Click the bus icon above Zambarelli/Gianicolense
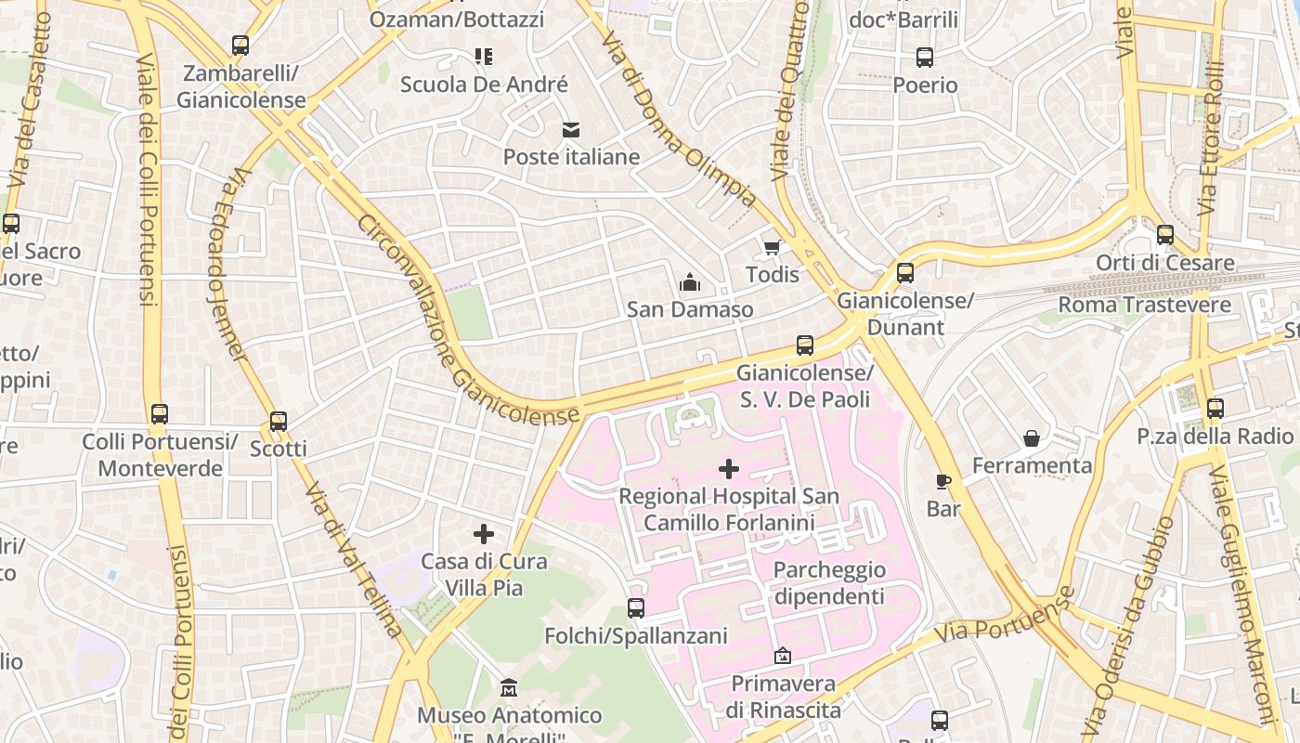click(240, 45)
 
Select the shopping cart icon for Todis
click(772, 247)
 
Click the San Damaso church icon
click(690, 281)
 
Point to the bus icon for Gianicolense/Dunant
click(905, 273)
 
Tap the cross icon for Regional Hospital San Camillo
click(729, 469)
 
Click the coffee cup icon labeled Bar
click(943, 481)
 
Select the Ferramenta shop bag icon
click(1032, 437)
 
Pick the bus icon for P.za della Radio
click(1215, 408)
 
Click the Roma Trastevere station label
click(1144, 305)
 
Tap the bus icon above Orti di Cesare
click(1165, 235)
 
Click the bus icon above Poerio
click(925, 58)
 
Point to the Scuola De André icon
click(483, 57)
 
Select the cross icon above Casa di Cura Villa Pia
click(483, 534)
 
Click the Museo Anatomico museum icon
click(509, 688)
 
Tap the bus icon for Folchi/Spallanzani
click(636, 608)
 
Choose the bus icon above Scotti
click(279, 421)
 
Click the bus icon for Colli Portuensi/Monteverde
click(160, 413)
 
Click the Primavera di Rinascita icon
click(783, 656)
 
